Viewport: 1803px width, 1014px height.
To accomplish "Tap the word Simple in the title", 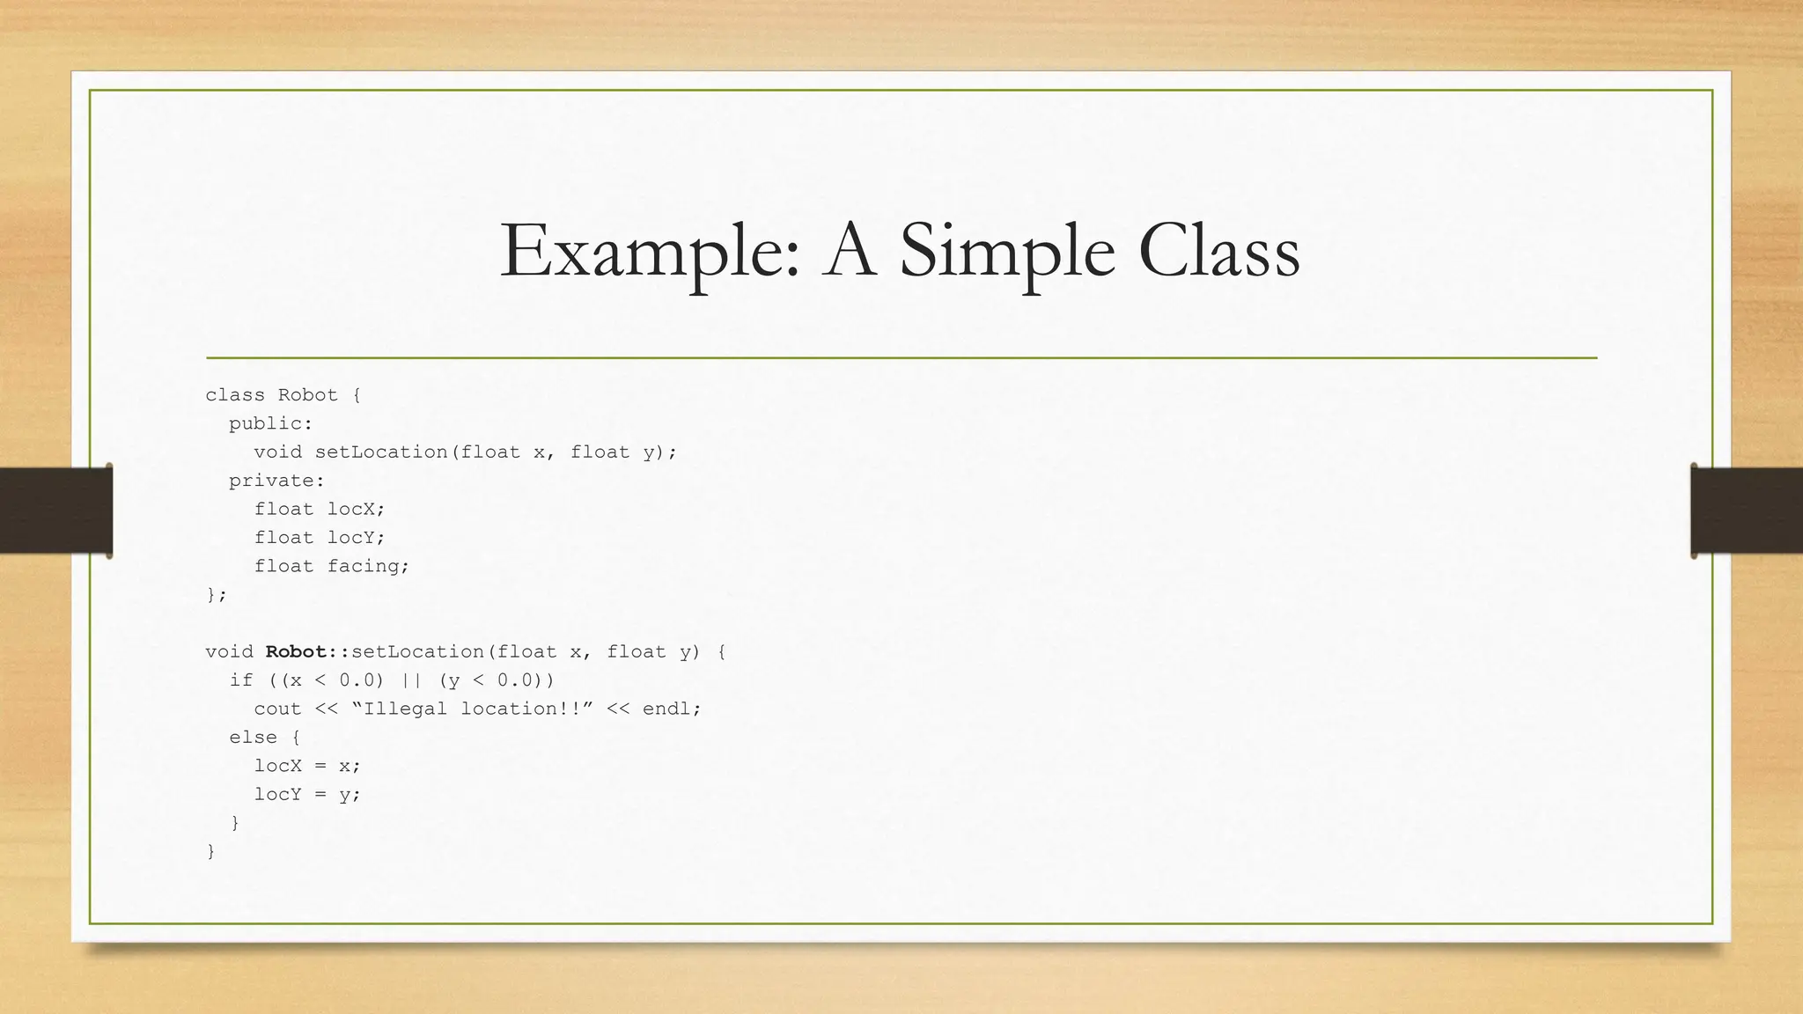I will (1007, 252).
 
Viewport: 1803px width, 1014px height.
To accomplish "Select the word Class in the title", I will (1218, 252).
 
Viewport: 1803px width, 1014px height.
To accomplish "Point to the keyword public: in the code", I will (270, 424).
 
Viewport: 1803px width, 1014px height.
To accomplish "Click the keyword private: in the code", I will (276, 481).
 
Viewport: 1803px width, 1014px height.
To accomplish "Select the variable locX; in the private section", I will (357, 510).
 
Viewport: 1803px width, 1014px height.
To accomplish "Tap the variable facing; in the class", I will (368, 567).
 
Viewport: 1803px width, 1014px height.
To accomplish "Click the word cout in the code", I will (277, 709).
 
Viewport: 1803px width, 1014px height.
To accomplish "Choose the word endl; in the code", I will (672, 709).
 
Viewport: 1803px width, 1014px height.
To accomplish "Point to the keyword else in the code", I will (253, 738).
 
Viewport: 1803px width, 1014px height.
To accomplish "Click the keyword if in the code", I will (240, 680).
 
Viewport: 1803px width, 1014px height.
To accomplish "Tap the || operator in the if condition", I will (411, 680).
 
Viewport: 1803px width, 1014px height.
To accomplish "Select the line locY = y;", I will (307, 795).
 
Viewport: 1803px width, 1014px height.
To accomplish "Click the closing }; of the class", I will (216, 595).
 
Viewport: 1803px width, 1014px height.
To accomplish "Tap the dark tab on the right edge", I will (1747, 511).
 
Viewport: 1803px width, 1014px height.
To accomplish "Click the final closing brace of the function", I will (210, 851).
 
